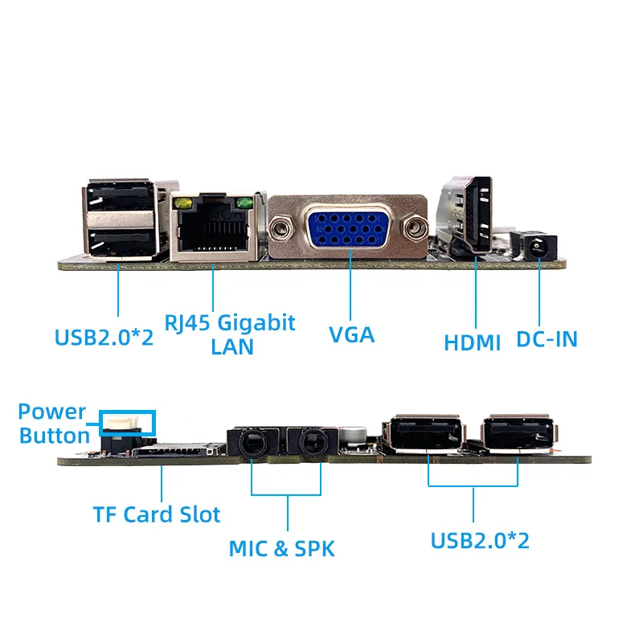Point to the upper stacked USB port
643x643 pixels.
(119, 197)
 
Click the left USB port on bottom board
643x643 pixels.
(426, 436)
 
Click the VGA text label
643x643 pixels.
(352, 334)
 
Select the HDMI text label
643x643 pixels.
(473, 342)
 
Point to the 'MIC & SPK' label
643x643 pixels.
(281, 549)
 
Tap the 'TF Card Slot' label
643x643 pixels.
(156, 514)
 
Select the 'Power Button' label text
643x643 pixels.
(54, 424)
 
